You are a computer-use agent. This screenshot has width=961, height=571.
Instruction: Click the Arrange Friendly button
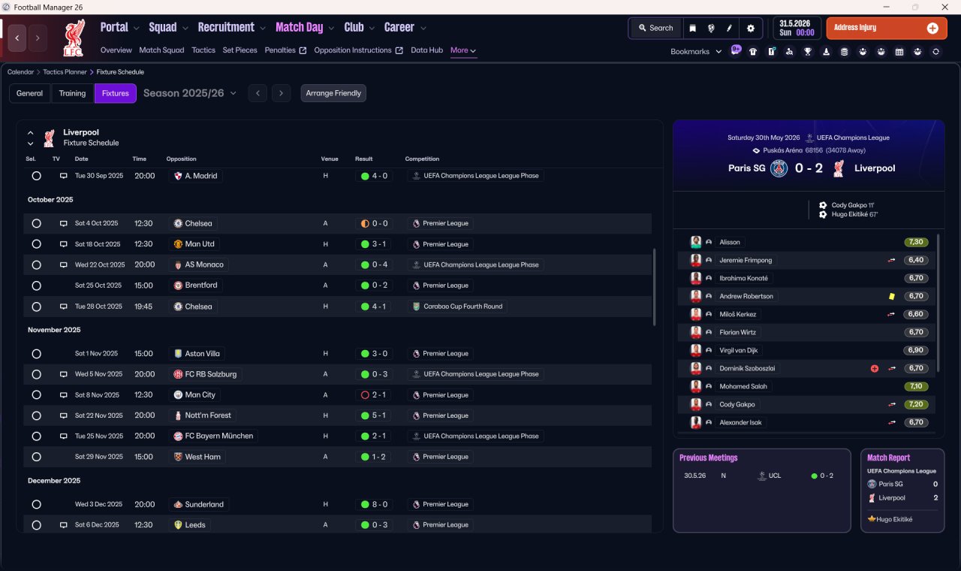[x=333, y=93]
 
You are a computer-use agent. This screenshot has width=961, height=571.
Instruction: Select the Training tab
[x=72, y=93]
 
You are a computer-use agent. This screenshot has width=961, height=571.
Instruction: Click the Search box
[x=656, y=28]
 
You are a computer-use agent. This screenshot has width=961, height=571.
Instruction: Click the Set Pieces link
[x=239, y=50]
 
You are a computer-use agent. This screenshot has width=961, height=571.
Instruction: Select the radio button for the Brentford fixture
[x=37, y=285]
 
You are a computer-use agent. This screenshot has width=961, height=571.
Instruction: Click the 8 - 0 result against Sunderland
[x=375, y=504]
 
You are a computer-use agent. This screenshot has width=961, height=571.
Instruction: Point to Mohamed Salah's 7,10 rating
[x=916, y=386]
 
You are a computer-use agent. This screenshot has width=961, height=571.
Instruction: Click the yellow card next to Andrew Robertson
[x=892, y=296]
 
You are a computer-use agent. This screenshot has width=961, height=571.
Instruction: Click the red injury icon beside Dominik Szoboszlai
[x=875, y=368]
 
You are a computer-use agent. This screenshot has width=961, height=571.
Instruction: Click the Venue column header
[x=330, y=159]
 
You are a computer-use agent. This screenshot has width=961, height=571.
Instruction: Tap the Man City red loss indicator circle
[x=365, y=395]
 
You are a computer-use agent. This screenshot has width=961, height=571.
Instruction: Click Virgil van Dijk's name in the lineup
[x=738, y=350]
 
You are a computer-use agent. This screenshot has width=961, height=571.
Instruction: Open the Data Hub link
[x=427, y=50]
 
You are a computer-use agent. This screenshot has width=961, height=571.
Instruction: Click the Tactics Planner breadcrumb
[x=65, y=72]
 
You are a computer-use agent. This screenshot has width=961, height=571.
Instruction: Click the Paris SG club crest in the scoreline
[x=779, y=168]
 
